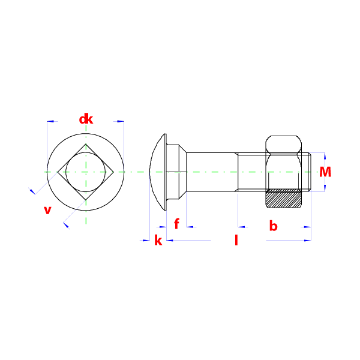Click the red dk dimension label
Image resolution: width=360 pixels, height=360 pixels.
tap(86, 119)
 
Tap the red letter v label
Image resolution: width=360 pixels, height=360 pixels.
tap(47, 210)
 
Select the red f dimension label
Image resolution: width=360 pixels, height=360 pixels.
tap(176, 224)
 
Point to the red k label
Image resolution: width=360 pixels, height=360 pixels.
tap(158, 241)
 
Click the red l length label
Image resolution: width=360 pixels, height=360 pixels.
tap(236, 241)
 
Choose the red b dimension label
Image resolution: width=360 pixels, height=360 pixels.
tap(273, 226)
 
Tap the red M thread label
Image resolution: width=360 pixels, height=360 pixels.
tap(325, 173)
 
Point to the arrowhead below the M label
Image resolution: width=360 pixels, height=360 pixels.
tap(325, 187)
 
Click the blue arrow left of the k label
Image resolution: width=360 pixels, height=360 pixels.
tap(145, 241)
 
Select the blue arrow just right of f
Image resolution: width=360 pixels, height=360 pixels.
tap(190, 227)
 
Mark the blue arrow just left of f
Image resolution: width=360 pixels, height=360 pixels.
tap(162, 227)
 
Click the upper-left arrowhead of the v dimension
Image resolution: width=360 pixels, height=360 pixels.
tap(32, 191)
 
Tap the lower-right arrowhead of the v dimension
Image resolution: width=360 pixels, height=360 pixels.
tap(67, 226)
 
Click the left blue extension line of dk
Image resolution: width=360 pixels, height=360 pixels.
tap(47, 144)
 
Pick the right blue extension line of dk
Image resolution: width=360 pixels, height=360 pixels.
tap(124, 144)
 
